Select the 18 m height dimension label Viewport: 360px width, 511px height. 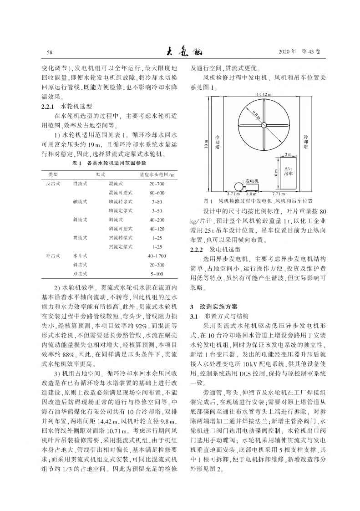pyautogui.click(x=205, y=145)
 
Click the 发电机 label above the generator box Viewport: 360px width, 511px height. pyautogui.click(x=252, y=181)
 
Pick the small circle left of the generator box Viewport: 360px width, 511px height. pyautogui.click(x=238, y=187)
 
